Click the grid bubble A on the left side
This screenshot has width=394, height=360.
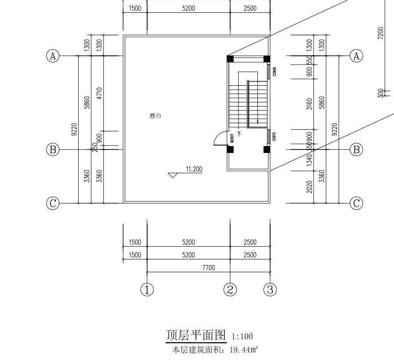(53, 56)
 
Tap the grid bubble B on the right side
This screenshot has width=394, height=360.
(356, 150)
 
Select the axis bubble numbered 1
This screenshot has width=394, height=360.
(147, 290)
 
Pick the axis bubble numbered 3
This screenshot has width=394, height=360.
(270, 290)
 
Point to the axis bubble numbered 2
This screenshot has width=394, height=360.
(230, 290)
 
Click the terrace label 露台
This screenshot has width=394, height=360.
(155, 116)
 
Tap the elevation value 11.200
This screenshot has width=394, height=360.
(194, 168)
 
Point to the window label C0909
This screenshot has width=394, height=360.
(274, 72)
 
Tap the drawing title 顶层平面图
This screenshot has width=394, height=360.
(195, 335)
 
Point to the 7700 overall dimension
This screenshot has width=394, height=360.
(208, 267)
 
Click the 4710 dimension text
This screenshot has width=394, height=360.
(99, 94)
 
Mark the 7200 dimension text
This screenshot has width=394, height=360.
(380, 33)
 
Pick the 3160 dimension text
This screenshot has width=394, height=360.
(309, 104)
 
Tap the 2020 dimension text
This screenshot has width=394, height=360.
(309, 187)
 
